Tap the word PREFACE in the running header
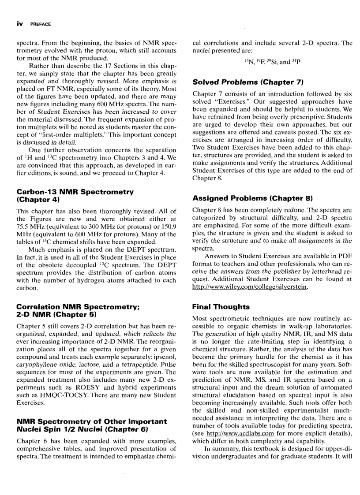41,24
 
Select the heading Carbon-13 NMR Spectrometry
75,192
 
